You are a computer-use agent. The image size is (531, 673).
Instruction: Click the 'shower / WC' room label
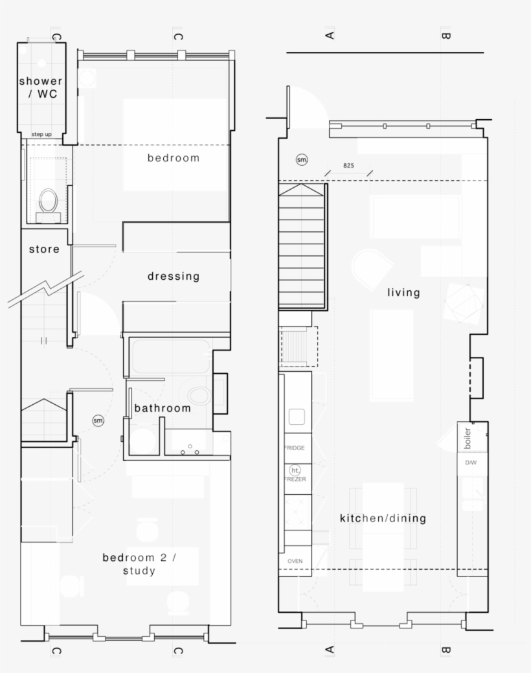(x=41, y=87)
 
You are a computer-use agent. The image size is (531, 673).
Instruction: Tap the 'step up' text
(x=41, y=134)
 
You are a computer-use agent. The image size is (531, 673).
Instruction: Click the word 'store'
(x=44, y=249)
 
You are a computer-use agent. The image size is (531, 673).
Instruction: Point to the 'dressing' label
(x=174, y=276)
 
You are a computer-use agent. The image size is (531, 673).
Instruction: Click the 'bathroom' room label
(x=163, y=408)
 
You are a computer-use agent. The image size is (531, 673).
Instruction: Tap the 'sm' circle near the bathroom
(x=98, y=420)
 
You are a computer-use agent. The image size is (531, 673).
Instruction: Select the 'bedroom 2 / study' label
(x=139, y=564)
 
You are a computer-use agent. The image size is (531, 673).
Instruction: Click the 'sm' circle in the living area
(x=302, y=159)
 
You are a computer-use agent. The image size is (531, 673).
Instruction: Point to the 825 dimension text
(x=348, y=166)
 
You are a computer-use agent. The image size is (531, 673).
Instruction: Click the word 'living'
(x=403, y=292)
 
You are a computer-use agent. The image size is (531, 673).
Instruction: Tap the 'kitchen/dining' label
(x=383, y=518)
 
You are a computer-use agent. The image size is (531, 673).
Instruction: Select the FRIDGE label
(x=294, y=448)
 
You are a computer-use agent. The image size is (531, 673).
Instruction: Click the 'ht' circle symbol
(x=295, y=470)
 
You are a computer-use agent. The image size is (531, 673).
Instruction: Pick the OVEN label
(x=295, y=561)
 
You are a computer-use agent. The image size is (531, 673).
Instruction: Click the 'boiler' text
(x=468, y=438)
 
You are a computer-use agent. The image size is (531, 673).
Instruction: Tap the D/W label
(x=471, y=463)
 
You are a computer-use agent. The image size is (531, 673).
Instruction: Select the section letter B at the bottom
(x=446, y=650)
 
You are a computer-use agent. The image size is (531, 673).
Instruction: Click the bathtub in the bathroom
(x=170, y=356)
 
